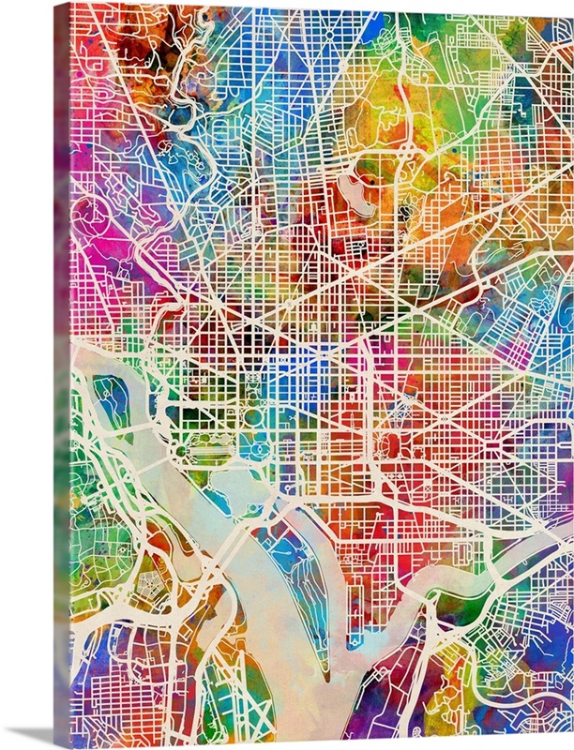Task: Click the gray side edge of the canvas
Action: click(62, 375)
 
